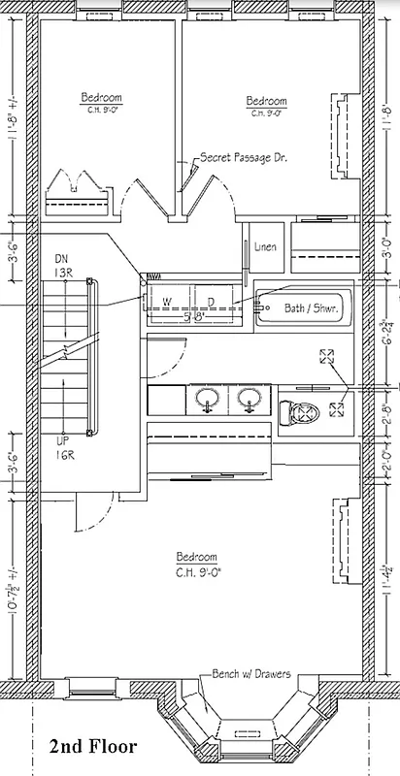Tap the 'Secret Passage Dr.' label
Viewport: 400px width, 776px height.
242,156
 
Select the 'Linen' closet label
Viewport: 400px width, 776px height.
265,247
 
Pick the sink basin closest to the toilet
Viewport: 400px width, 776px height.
249,400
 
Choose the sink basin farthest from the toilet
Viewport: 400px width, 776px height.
208,400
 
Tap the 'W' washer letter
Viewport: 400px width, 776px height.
167,301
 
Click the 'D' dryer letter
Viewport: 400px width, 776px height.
211,301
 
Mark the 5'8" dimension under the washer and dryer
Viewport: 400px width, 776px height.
193,315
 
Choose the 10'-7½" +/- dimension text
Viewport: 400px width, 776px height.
12,590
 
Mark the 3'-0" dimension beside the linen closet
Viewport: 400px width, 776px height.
386,246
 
